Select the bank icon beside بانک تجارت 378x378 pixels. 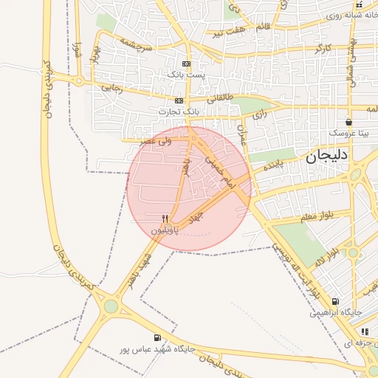[x=179, y=100]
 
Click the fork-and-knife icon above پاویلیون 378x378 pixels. [x=165, y=219]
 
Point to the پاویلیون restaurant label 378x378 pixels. [x=165, y=230]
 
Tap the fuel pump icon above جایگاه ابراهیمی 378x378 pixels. [x=336, y=301]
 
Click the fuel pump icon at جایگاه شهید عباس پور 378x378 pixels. [x=157, y=337]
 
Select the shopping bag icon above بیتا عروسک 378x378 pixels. [x=348, y=123]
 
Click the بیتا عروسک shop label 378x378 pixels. [x=348, y=133]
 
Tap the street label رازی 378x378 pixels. [x=259, y=114]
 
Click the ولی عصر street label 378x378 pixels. [x=159, y=139]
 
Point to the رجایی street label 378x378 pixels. [x=110, y=89]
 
